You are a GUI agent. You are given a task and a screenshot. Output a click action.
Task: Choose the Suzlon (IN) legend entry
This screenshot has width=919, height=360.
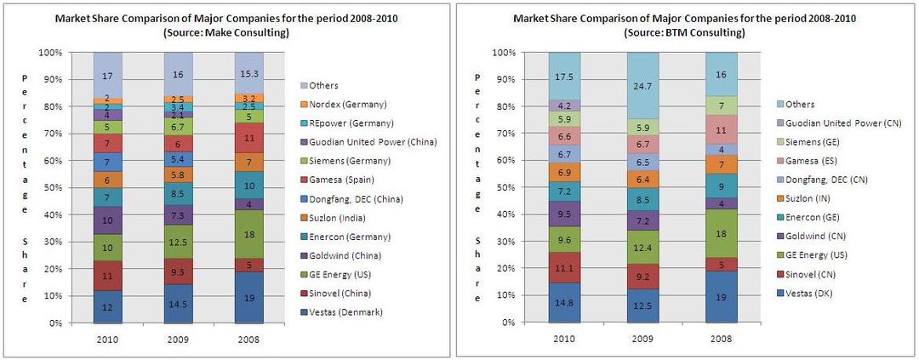[795, 197]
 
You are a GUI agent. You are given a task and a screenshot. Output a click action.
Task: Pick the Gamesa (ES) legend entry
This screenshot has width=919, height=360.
[796, 160]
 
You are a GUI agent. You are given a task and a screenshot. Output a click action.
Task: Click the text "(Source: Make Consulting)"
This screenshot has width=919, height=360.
[228, 31]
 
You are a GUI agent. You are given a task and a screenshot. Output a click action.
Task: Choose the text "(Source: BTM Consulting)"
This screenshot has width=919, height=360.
[685, 31]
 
